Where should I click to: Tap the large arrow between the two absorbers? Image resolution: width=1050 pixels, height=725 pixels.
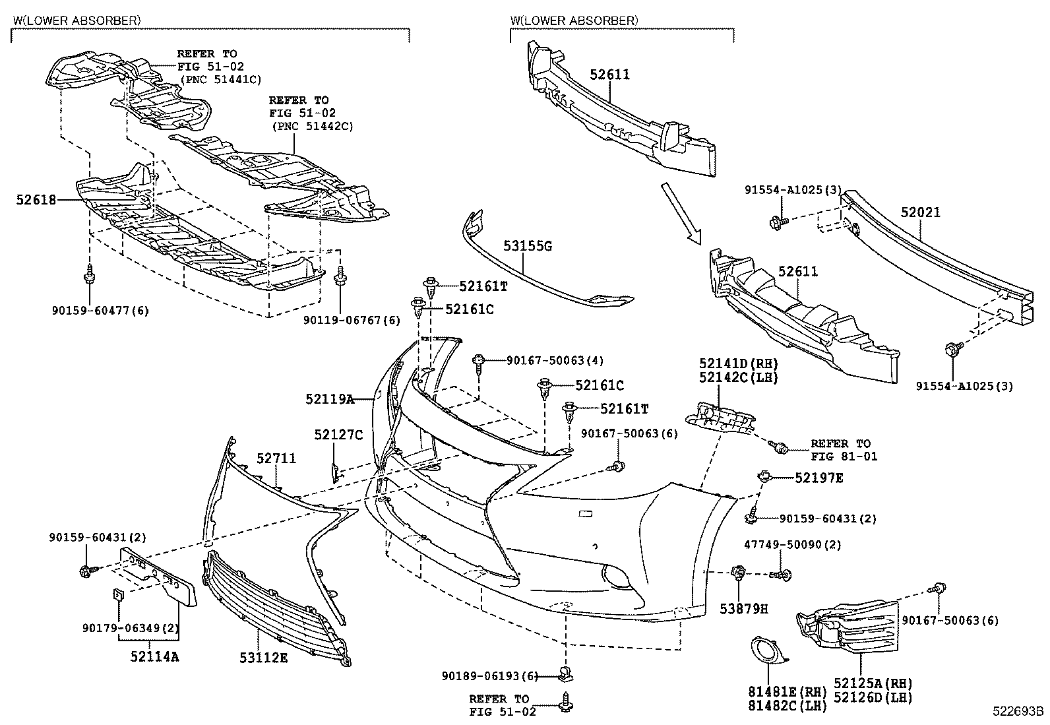coord(681,214)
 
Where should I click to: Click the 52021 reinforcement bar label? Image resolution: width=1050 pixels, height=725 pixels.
coord(921,212)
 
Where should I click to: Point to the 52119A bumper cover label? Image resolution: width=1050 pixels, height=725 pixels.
coord(330,399)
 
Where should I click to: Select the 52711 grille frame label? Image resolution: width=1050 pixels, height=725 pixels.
coord(276,458)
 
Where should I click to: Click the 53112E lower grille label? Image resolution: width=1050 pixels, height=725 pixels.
coord(263,657)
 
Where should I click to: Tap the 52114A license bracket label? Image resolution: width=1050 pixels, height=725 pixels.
coord(154,656)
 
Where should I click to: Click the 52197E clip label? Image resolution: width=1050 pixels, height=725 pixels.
coord(818,477)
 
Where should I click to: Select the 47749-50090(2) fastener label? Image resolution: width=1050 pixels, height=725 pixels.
coord(784,545)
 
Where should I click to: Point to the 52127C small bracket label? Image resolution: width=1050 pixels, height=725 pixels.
coord(338,435)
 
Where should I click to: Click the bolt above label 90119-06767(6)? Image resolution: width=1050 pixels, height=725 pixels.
coord(340,276)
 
